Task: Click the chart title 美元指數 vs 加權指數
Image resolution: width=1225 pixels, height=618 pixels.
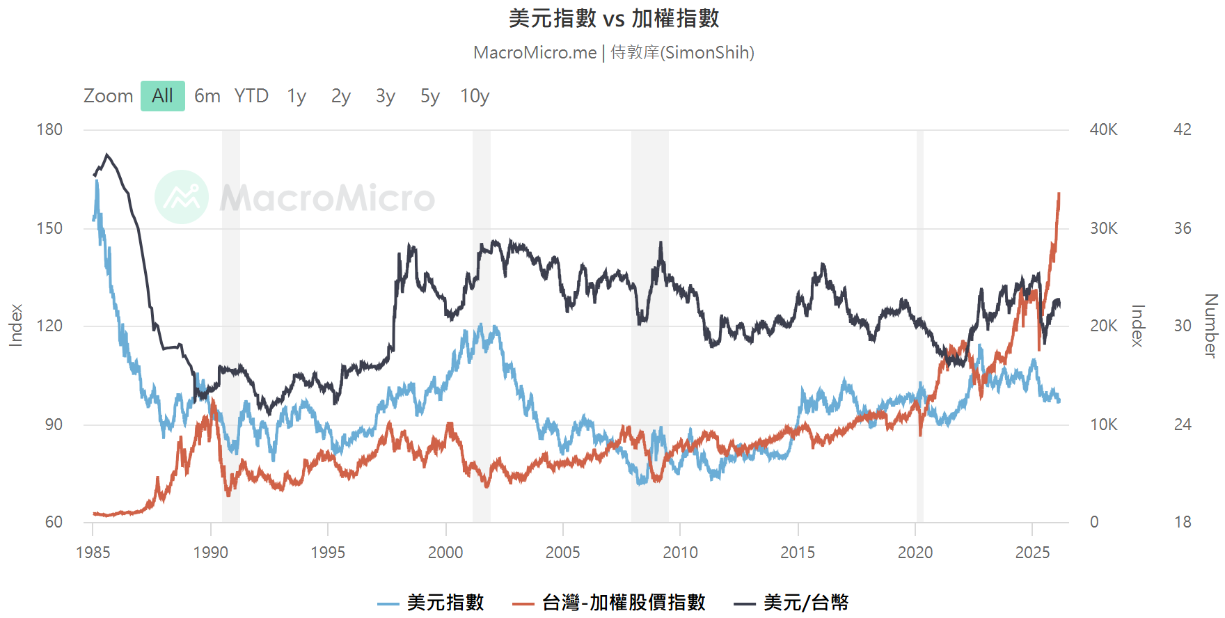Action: [x=613, y=19]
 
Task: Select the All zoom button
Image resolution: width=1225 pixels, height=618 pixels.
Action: [x=162, y=96]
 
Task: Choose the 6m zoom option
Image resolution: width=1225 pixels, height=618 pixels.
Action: [x=207, y=96]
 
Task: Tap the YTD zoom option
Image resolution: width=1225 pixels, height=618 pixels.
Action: [x=251, y=96]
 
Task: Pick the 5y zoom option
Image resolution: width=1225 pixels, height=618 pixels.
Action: [x=429, y=96]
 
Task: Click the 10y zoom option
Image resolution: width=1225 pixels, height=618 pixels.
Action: [x=475, y=96]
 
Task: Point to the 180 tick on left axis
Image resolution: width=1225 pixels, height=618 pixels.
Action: [x=49, y=129]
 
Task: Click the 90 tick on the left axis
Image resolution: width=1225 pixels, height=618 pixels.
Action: [x=54, y=425]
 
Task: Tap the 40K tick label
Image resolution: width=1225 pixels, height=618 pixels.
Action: [x=1103, y=129]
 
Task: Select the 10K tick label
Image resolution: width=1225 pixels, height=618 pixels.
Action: [x=1103, y=425]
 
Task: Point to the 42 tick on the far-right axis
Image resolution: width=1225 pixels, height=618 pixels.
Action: [x=1182, y=129]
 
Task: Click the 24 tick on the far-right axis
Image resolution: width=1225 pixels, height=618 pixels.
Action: [x=1182, y=425]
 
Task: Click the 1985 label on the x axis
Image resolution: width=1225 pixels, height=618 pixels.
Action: [x=93, y=553]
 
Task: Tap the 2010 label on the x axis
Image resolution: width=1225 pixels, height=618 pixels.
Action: [x=680, y=553]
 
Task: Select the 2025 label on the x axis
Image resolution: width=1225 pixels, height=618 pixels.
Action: [x=1032, y=553]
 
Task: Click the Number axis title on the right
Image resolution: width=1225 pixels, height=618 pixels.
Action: [x=1210, y=326]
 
